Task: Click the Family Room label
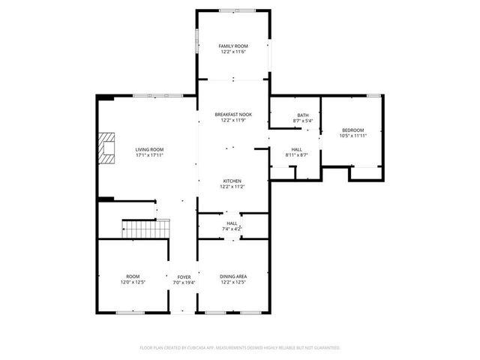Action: [x=233, y=46]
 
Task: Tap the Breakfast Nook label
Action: [x=233, y=114]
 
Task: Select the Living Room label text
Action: [x=149, y=149]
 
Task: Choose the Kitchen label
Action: [x=232, y=181]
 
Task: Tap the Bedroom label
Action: [x=353, y=130]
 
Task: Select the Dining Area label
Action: [x=233, y=277]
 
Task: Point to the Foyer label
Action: [x=184, y=277]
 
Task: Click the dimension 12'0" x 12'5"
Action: [x=133, y=283]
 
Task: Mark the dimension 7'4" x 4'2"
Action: [x=232, y=229]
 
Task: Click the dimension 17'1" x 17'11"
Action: [x=149, y=155]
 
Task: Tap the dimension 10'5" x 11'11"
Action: [x=353, y=136]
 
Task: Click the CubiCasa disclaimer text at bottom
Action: [x=240, y=348]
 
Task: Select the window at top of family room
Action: [x=233, y=10]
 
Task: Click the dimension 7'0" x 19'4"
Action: [x=184, y=283]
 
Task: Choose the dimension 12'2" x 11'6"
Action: [x=233, y=52]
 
